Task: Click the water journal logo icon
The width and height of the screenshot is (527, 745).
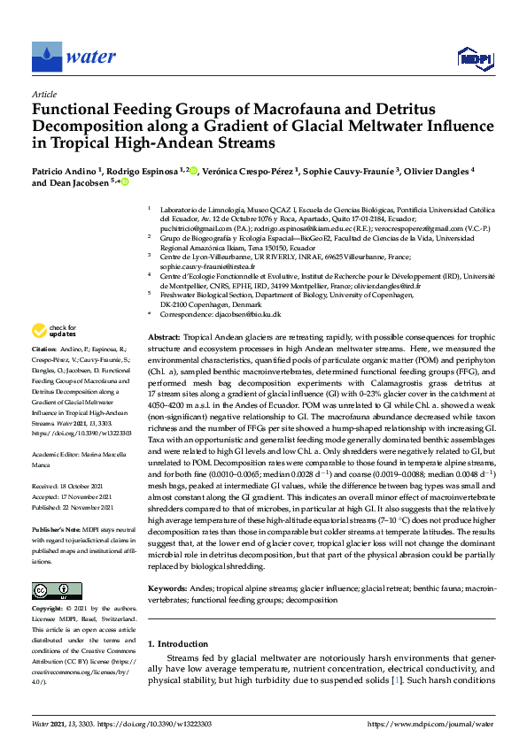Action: [x=46, y=57]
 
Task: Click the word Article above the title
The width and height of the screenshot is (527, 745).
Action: [x=43, y=93]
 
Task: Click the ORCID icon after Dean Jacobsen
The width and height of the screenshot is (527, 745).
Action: [x=125, y=182]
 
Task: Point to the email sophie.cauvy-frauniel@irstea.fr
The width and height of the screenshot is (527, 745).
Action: [x=207, y=266]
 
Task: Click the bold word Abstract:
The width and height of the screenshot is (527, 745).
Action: [x=165, y=339]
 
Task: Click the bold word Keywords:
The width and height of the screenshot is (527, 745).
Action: [x=168, y=588]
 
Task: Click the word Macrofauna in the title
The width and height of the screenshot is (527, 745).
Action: [x=269, y=109]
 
